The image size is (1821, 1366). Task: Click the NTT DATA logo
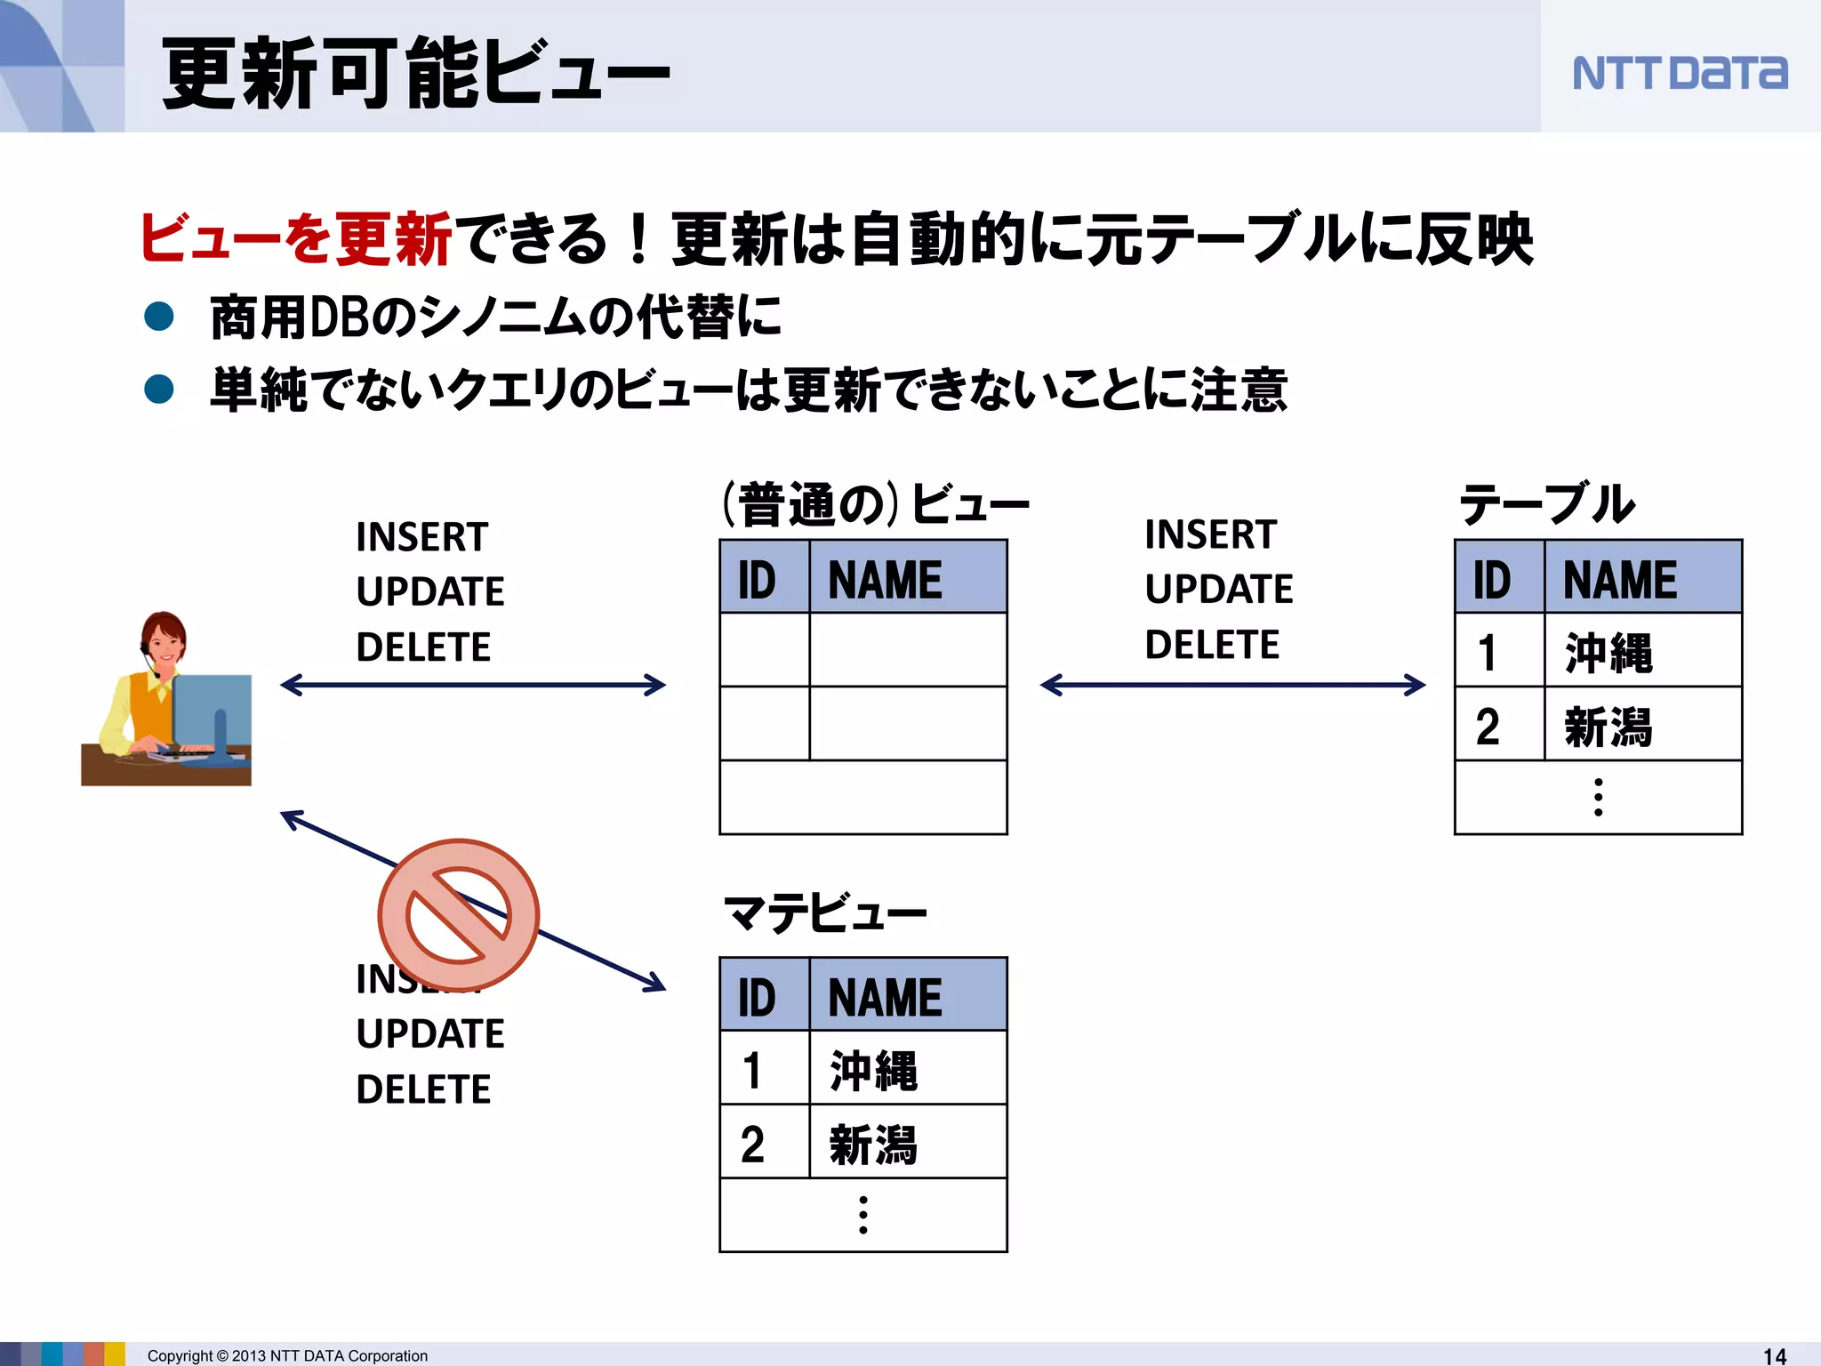[1679, 73]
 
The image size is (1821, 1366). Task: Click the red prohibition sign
[458, 914]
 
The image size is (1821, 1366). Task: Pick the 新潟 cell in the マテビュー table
[872, 1144]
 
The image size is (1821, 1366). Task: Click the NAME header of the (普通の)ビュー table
[885, 580]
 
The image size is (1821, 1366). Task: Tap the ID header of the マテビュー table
[757, 997]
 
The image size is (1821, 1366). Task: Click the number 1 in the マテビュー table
[752, 1070]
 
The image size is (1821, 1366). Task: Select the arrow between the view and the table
[1232, 685]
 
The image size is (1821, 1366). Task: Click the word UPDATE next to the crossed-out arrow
[430, 1034]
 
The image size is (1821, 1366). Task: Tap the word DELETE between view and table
[1212, 645]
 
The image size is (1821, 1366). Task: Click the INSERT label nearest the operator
[421, 537]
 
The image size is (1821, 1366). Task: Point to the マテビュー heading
[823, 912]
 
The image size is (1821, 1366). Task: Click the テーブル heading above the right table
[1546, 504]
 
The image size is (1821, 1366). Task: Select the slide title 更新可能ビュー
[415, 73]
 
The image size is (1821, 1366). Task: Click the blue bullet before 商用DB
[159, 317]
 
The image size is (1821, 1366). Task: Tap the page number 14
[1774, 1355]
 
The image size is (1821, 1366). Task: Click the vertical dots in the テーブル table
[1598, 797]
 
